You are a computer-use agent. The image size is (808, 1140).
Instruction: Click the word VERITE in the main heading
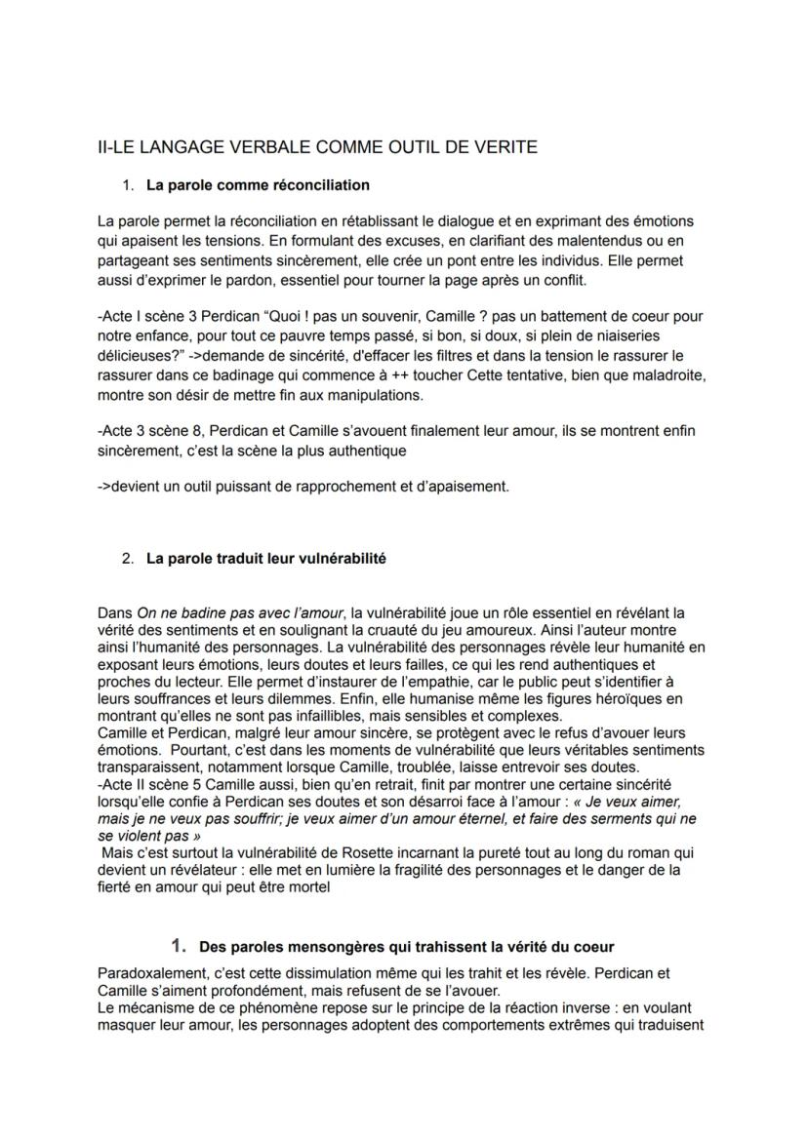501,147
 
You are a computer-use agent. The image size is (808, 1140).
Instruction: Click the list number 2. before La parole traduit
129,560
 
